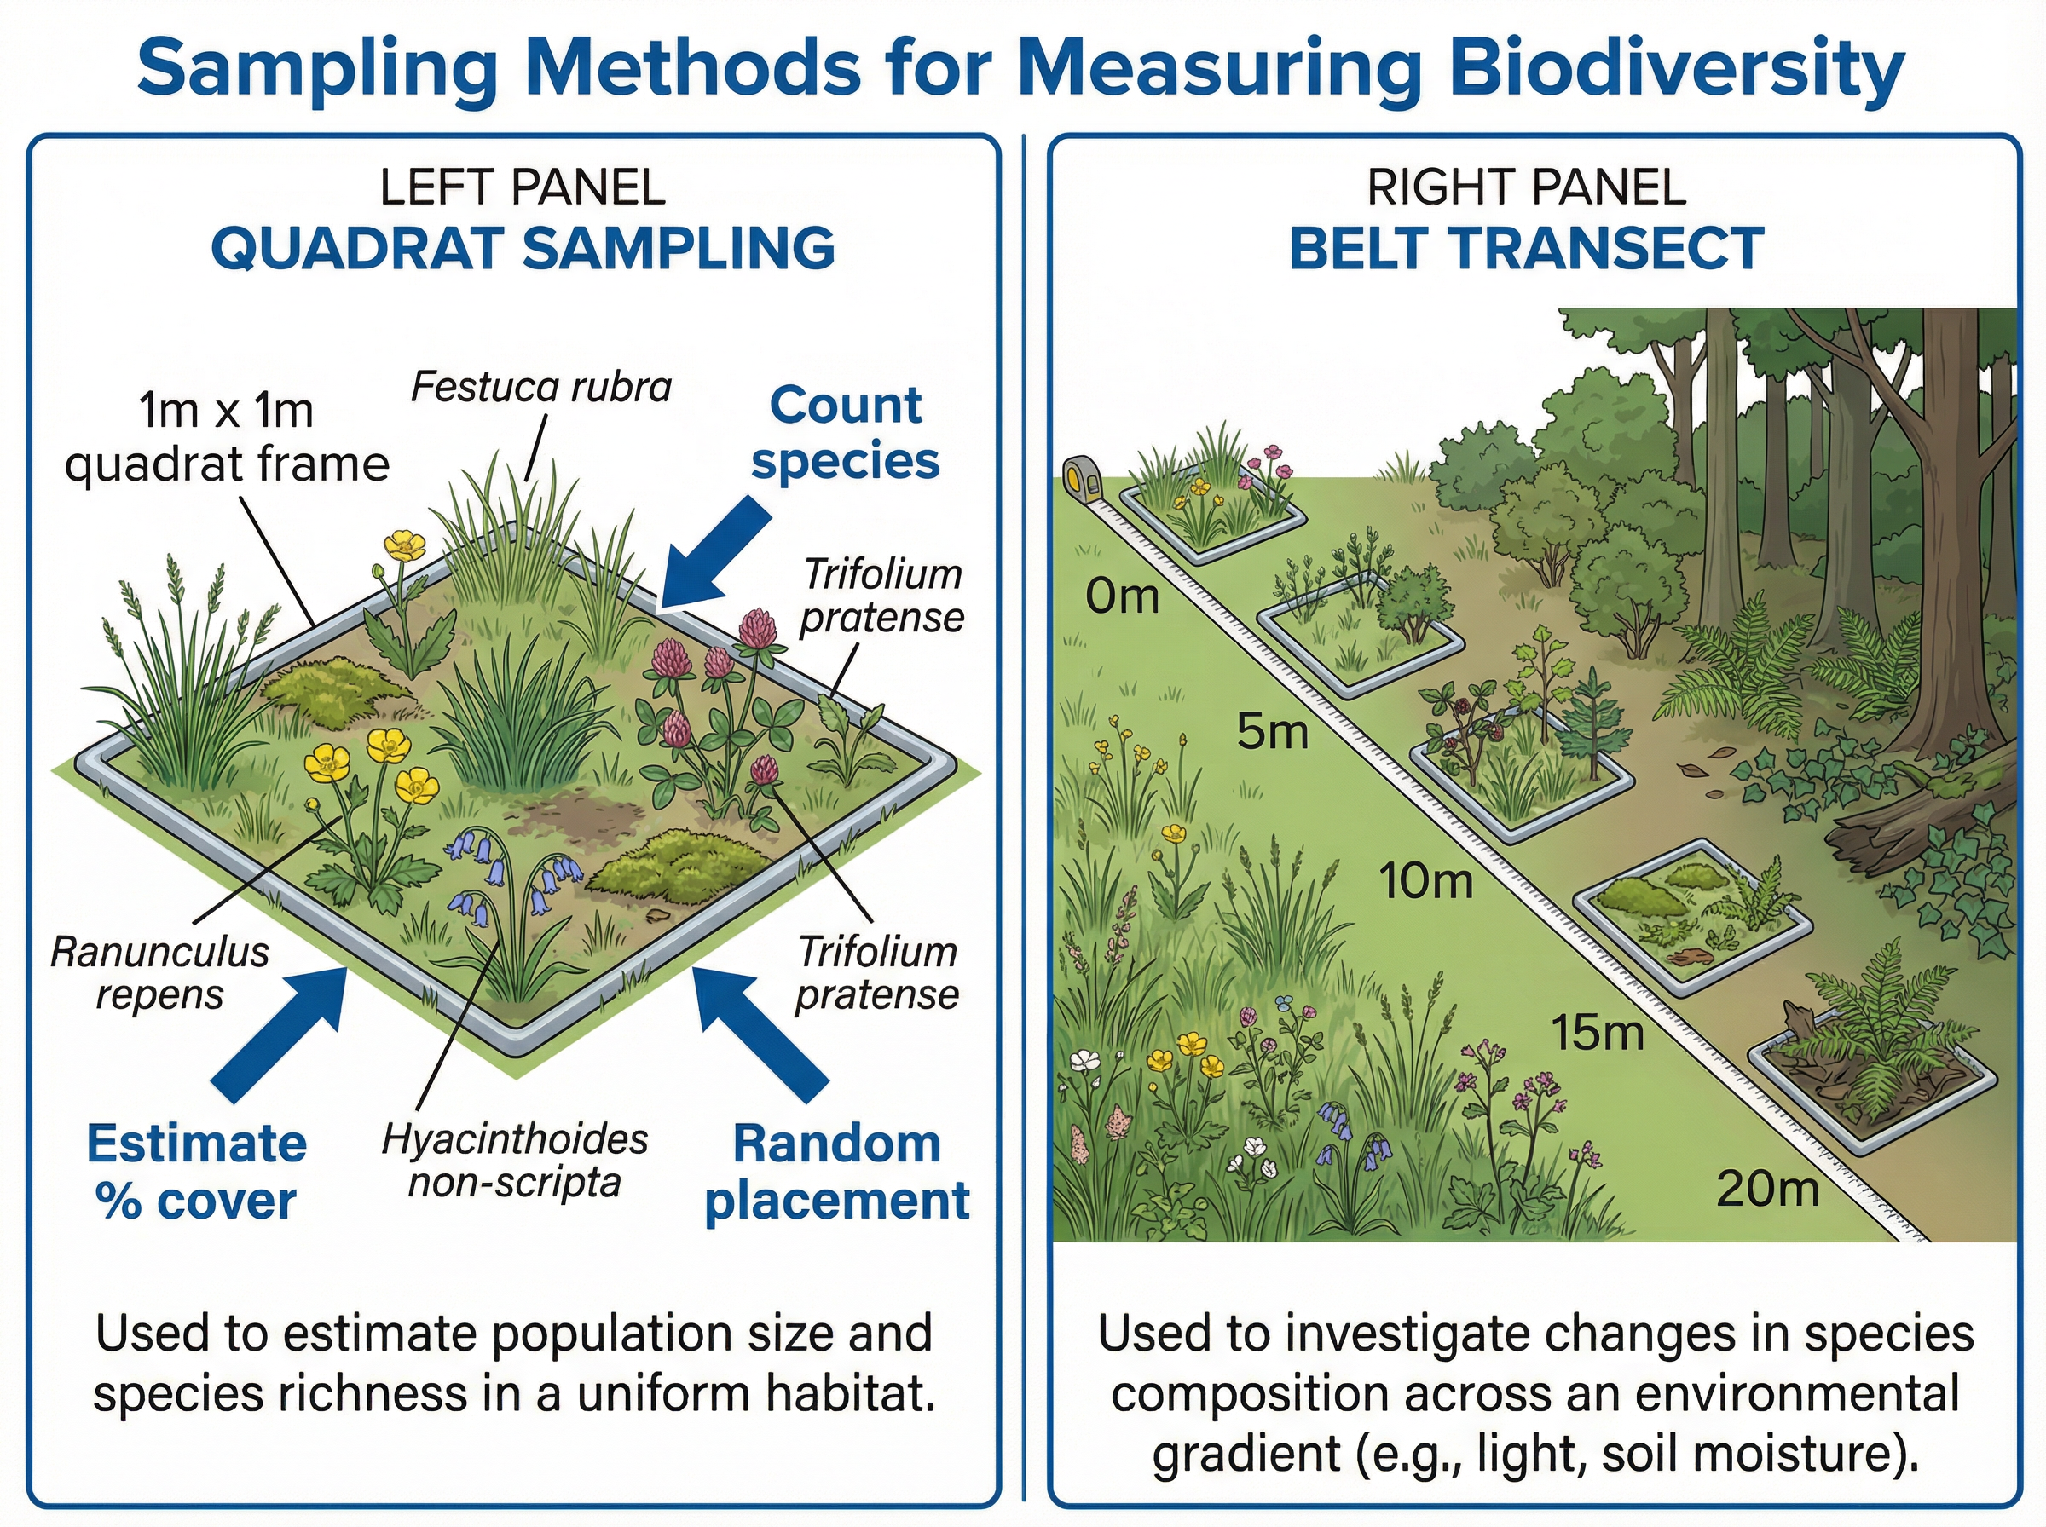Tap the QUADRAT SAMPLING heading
[523, 249]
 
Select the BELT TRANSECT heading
[1527, 249]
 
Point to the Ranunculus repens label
[159, 973]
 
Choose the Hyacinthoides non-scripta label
[515, 1160]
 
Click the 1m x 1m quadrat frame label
[227, 437]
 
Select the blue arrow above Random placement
[758, 1030]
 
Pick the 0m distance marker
[1121, 596]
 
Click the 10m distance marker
[1425, 880]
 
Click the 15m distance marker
[1597, 1032]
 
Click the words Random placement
[836, 1172]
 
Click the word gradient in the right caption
[1246, 1454]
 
